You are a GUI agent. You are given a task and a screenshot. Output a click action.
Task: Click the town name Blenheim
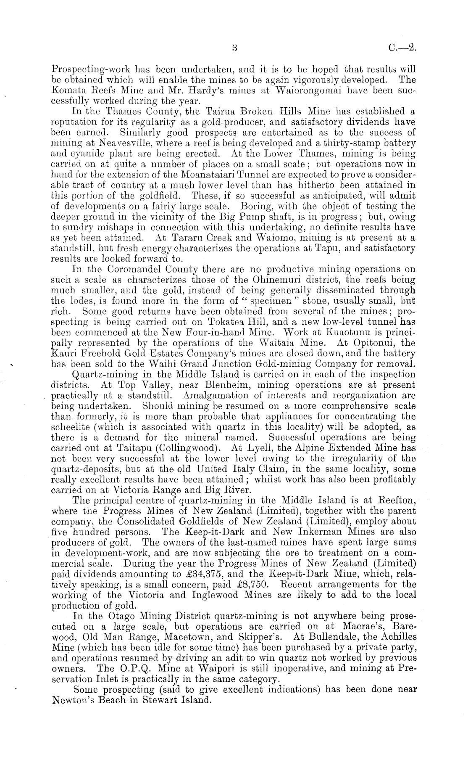tap(227, 385)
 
